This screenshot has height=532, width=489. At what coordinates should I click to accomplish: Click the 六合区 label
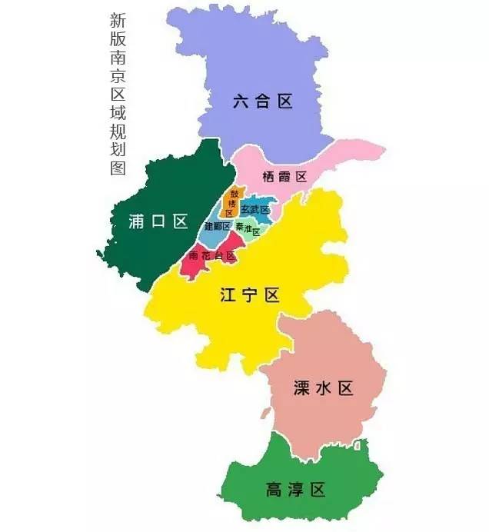[x=263, y=101]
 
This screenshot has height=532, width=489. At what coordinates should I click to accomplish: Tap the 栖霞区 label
[x=284, y=177]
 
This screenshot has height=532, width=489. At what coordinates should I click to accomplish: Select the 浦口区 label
[x=158, y=222]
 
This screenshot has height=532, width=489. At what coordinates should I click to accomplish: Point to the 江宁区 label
[x=249, y=296]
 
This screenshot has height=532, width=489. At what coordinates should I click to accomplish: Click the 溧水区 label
[x=323, y=388]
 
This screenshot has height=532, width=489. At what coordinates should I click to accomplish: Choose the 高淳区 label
[x=295, y=490]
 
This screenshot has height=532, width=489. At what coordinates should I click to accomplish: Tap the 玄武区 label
[x=255, y=209]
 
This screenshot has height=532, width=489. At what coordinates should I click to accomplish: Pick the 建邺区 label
[x=218, y=227]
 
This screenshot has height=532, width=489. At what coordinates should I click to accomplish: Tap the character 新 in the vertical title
[x=118, y=20]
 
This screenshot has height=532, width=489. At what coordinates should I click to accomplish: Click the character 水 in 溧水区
[x=324, y=388]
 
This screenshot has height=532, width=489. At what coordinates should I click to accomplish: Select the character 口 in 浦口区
[x=158, y=222]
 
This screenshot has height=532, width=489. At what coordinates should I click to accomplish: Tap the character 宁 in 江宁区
[x=249, y=296]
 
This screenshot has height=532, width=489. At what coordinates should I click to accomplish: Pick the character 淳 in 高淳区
[x=295, y=490]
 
